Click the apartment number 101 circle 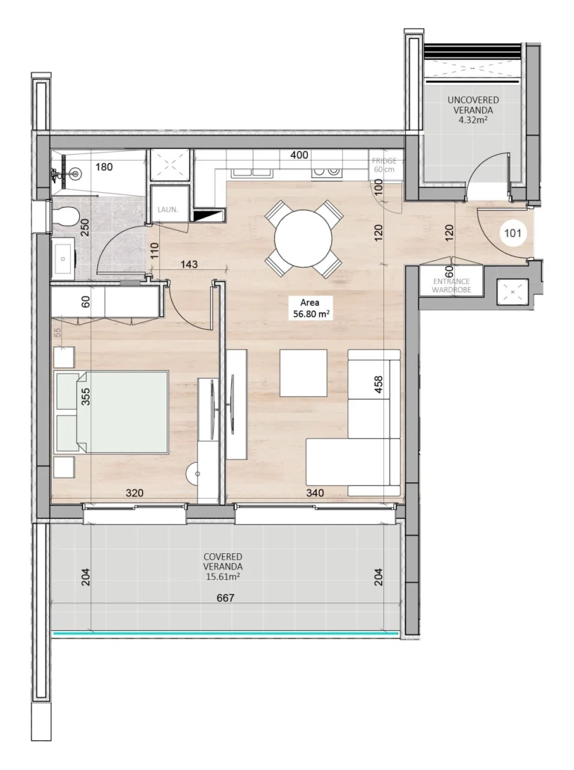512,232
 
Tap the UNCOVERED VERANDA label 472,108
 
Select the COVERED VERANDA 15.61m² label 223,567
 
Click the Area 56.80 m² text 310,309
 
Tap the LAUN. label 167,210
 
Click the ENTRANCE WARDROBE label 451,286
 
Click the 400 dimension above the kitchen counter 299,155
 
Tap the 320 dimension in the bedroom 135,493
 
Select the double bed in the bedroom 112,411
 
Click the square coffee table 303,372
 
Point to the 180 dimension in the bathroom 104,167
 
